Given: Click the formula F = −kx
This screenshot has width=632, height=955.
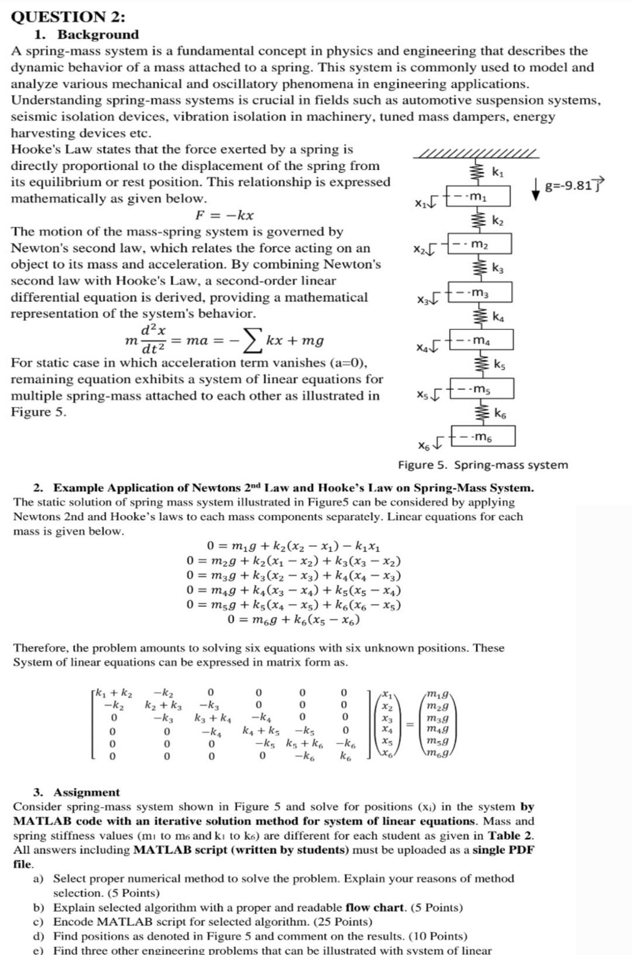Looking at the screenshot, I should [x=224, y=215].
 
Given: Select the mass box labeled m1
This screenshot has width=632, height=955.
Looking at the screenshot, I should [x=479, y=196].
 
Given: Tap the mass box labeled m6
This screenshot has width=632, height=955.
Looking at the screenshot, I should [x=483, y=436].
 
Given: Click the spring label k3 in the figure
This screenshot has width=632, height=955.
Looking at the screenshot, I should [x=497, y=268].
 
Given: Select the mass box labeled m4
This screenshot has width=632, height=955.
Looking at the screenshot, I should [x=482, y=340].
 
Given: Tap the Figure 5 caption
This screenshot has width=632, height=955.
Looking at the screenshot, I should [x=483, y=465].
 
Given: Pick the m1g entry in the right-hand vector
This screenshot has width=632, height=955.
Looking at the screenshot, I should [x=438, y=695].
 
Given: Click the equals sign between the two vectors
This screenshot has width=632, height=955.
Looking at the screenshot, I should [x=410, y=724].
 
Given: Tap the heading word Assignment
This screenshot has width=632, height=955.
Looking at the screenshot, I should [x=87, y=792].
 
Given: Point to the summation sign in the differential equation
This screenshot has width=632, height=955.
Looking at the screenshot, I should [x=252, y=339].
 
